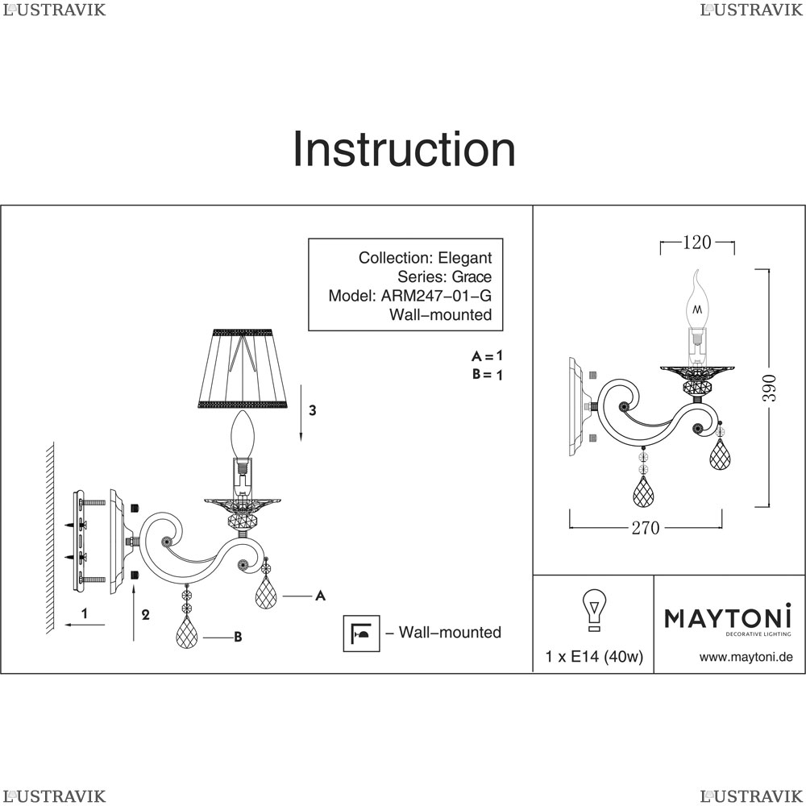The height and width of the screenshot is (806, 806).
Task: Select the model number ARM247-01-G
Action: pos(436,296)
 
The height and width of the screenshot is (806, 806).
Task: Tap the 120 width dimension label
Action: pos(697,242)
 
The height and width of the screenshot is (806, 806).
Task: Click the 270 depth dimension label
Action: pos(646,528)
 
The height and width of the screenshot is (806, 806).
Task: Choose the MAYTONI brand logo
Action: pos(728,619)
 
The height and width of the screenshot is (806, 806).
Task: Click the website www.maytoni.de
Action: pos(746,657)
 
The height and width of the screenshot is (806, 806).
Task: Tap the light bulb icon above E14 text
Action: pos(594,609)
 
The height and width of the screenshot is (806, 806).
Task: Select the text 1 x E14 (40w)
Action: pos(594,656)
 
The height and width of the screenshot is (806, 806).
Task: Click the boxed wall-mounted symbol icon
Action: pos(361,634)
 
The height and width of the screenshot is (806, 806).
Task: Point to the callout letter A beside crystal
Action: pos(320,596)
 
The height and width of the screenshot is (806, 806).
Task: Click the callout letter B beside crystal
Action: pos(238,637)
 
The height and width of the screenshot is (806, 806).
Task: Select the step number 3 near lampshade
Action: pos(312,410)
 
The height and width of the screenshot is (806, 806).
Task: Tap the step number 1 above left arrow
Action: pos(85,613)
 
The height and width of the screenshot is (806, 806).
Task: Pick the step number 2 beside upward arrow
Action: pos(145,614)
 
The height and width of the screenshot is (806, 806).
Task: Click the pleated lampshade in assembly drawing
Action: pos(242,368)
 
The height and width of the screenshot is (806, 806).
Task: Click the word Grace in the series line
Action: pos(472,277)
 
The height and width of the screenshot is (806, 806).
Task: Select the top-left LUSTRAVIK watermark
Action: pos(54,10)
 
